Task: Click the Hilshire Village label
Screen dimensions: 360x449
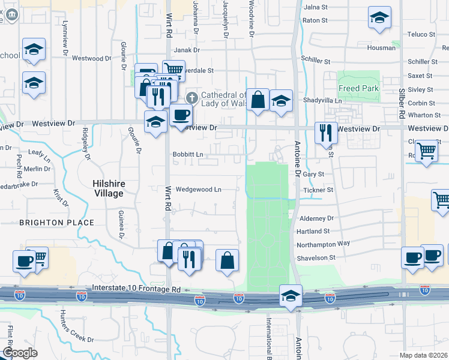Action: click(x=108, y=189)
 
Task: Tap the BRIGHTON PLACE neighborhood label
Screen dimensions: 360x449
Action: click(x=57, y=223)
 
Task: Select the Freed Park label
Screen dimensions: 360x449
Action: click(x=358, y=89)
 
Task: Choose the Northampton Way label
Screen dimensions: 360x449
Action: click(x=323, y=244)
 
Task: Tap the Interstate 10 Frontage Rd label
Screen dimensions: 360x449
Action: click(x=136, y=289)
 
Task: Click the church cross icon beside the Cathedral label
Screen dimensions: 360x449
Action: click(x=192, y=97)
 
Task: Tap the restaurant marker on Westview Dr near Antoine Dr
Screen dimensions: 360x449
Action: click(x=327, y=133)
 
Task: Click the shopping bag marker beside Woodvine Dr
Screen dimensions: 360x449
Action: click(x=258, y=100)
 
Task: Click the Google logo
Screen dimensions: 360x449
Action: click(x=20, y=353)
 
